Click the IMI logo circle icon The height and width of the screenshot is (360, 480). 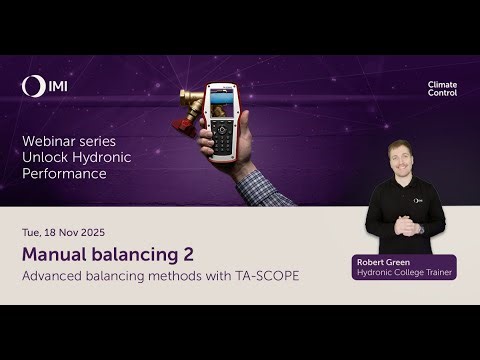point(31,87)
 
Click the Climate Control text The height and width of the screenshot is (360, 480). point(442,89)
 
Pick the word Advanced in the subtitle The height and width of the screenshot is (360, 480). point(54,275)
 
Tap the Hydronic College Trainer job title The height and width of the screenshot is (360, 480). point(404,273)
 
